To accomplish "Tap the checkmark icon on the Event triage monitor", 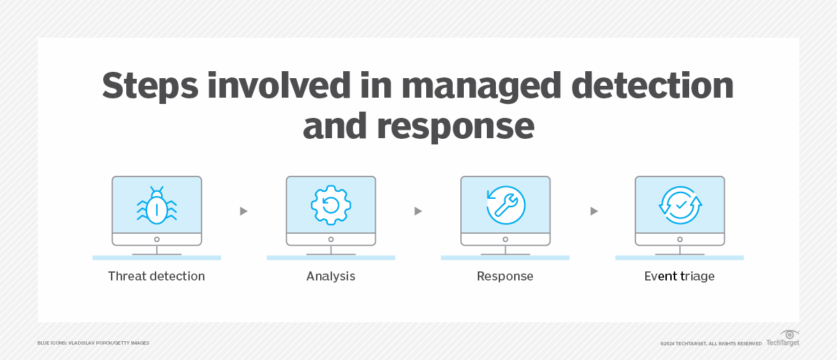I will tap(679, 205).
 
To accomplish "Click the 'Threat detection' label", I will tap(156, 276).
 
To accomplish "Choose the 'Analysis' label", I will tap(331, 276).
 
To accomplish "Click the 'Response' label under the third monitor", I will tap(505, 276).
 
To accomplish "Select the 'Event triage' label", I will tap(679, 276).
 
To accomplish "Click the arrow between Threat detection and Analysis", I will tap(243, 211).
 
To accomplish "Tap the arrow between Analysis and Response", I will tap(418, 211).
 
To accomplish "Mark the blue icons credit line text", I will tap(93, 343).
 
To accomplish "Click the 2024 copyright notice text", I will tap(710, 343).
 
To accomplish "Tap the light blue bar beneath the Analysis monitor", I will tap(331, 258).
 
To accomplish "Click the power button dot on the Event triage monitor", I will tap(679, 239).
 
